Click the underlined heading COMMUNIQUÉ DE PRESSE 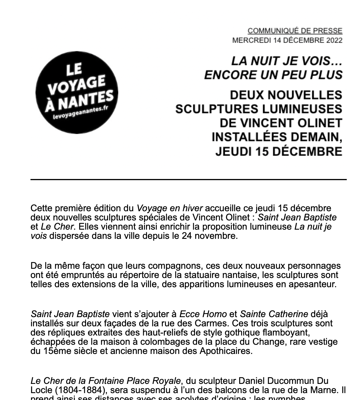pos(295,31)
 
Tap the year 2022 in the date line pos(334,40)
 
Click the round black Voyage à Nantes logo pos(77,93)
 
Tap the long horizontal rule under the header pos(188,180)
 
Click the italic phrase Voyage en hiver pos(170,208)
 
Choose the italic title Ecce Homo pos(203,314)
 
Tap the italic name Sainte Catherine pos(274,314)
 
